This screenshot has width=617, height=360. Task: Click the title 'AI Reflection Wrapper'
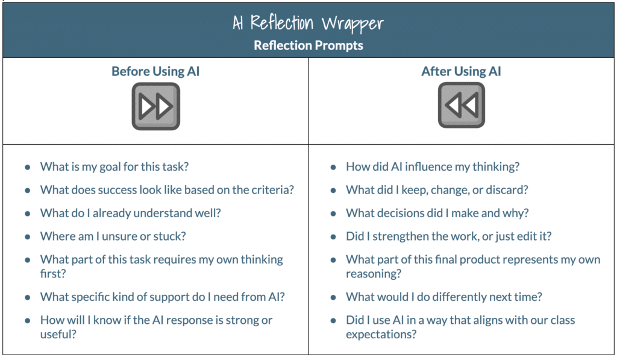pyautogui.click(x=308, y=24)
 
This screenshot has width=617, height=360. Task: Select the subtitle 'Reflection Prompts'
pyautogui.click(x=308, y=45)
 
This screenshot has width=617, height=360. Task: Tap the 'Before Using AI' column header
pyautogui.click(x=155, y=72)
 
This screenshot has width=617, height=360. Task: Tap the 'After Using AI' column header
pyautogui.click(x=461, y=72)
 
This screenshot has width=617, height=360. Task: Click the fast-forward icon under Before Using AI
pyautogui.click(x=155, y=106)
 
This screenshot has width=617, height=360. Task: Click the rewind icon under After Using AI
pyautogui.click(x=461, y=106)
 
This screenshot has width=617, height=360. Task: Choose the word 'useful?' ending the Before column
pyautogui.click(x=58, y=335)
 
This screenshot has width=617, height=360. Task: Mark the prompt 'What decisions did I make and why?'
pyautogui.click(x=436, y=213)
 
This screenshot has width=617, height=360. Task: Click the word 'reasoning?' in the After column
pyautogui.click(x=374, y=274)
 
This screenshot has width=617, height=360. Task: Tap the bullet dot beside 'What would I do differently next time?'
pyautogui.click(x=333, y=297)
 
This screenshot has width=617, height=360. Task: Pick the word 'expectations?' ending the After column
pyautogui.click(x=381, y=335)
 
